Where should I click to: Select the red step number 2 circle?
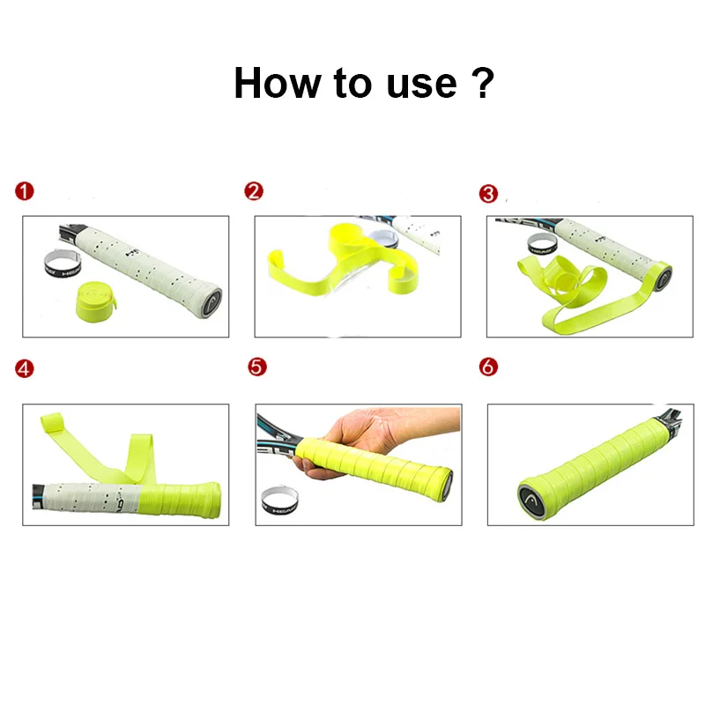pos(254,192)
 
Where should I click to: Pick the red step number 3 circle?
pos(488,192)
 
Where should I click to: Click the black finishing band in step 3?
pos(540,242)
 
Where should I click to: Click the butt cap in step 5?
pos(447,482)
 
